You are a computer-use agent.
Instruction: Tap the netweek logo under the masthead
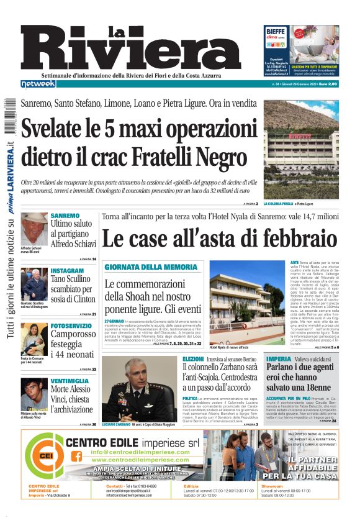pos(38,84)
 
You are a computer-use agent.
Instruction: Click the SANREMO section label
pos(65,216)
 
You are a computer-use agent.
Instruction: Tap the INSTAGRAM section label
pos(67,271)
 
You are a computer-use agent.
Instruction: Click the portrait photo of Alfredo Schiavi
pos(34,229)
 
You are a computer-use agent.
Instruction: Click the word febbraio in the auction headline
pos(300,239)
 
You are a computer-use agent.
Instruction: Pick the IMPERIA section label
pos(279,359)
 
